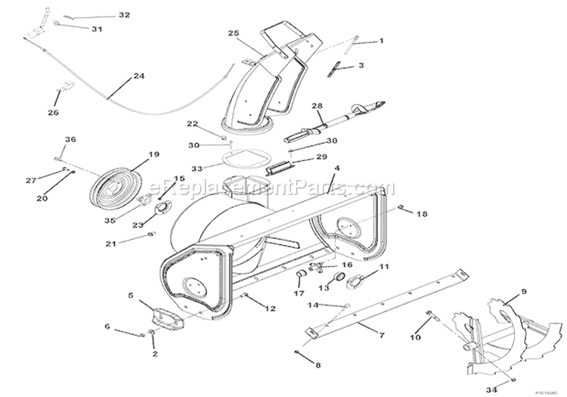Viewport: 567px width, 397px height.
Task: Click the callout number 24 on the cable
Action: click(138, 76)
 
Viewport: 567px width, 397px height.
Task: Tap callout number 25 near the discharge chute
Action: click(233, 33)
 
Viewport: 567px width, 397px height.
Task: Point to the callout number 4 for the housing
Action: click(337, 168)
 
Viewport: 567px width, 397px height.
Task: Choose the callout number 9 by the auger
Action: click(522, 290)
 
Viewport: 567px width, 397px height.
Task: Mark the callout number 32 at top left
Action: click(124, 15)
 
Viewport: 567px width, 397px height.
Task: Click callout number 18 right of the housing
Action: click(422, 214)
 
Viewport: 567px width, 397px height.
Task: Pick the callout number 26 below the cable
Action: click(53, 113)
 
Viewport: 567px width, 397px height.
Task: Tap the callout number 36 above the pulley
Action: click(70, 139)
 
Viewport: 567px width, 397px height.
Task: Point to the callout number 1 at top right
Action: click(381, 41)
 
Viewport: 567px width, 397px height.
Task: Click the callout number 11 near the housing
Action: click(383, 267)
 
